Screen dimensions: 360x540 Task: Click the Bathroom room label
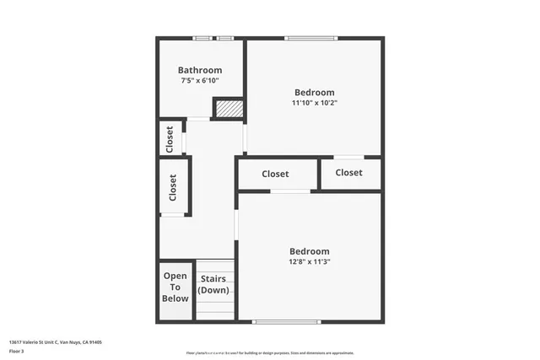[x=200, y=70]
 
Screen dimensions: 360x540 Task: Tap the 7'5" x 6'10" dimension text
[x=200, y=81]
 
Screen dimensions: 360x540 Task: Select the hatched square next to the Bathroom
[x=227, y=109]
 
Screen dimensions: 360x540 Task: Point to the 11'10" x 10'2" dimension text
[x=314, y=103]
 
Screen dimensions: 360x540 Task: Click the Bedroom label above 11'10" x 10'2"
[x=314, y=92]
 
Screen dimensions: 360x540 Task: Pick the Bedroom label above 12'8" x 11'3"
[x=309, y=250]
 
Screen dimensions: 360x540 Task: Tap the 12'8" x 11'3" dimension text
[x=309, y=261]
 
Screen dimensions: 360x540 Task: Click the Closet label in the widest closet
[x=275, y=174]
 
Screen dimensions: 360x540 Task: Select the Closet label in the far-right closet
[x=348, y=172]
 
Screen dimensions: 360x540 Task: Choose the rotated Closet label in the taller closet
[x=173, y=187]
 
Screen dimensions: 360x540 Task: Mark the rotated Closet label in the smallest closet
[x=170, y=137]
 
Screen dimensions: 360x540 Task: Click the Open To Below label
[x=175, y=287]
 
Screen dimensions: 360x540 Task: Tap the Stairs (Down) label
[x=213, y=283]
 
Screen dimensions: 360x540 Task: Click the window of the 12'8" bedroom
[x=287, y=321]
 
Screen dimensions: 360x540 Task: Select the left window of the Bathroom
[x=201, y=38]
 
